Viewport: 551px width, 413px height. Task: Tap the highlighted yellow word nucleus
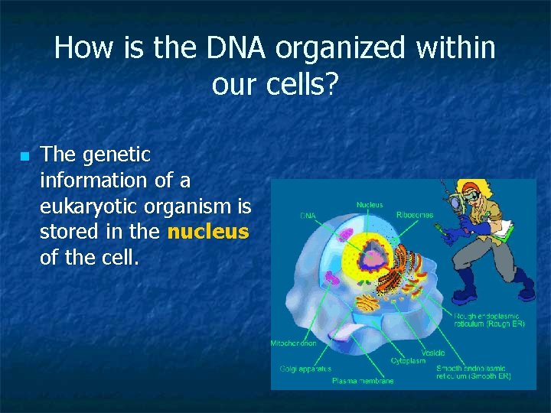[208, 232]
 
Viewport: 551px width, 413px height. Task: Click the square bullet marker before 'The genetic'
[24, 157]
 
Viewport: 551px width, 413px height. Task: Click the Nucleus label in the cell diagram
[370, 204]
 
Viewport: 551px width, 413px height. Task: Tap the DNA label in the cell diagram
[307, 216]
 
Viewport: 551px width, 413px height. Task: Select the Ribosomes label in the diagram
[414, 215]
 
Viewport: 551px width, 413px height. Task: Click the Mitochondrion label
[293, 344]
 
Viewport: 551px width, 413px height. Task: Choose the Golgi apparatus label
[305, 369]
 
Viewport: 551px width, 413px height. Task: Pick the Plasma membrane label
[363, 380]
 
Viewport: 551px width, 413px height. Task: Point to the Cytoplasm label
[408, 360]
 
